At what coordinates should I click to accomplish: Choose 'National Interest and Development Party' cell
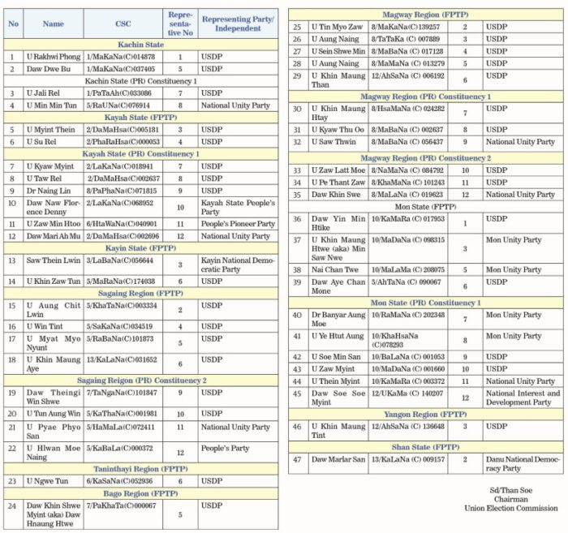pos(523,398)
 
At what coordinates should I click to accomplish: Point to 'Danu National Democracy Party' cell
pos(523,463)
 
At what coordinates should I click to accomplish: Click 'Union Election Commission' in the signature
pos(509,509)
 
